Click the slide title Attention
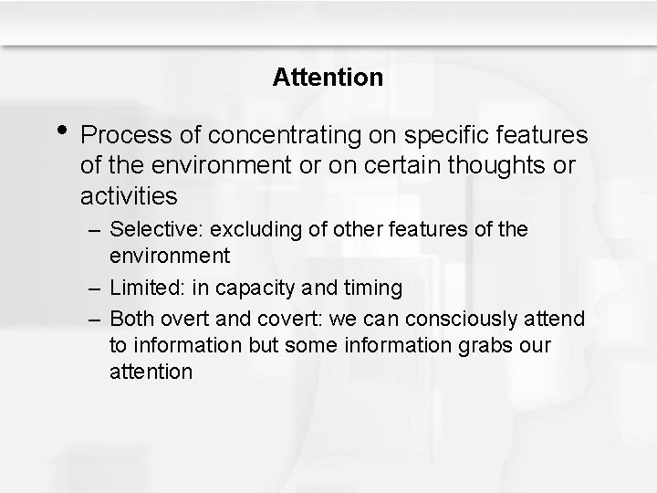click(328, 78)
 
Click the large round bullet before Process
click(60, 130)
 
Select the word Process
click(125, 136)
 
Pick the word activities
click(129, 196)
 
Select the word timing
click(372, 288)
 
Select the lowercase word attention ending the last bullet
click(151, 372)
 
